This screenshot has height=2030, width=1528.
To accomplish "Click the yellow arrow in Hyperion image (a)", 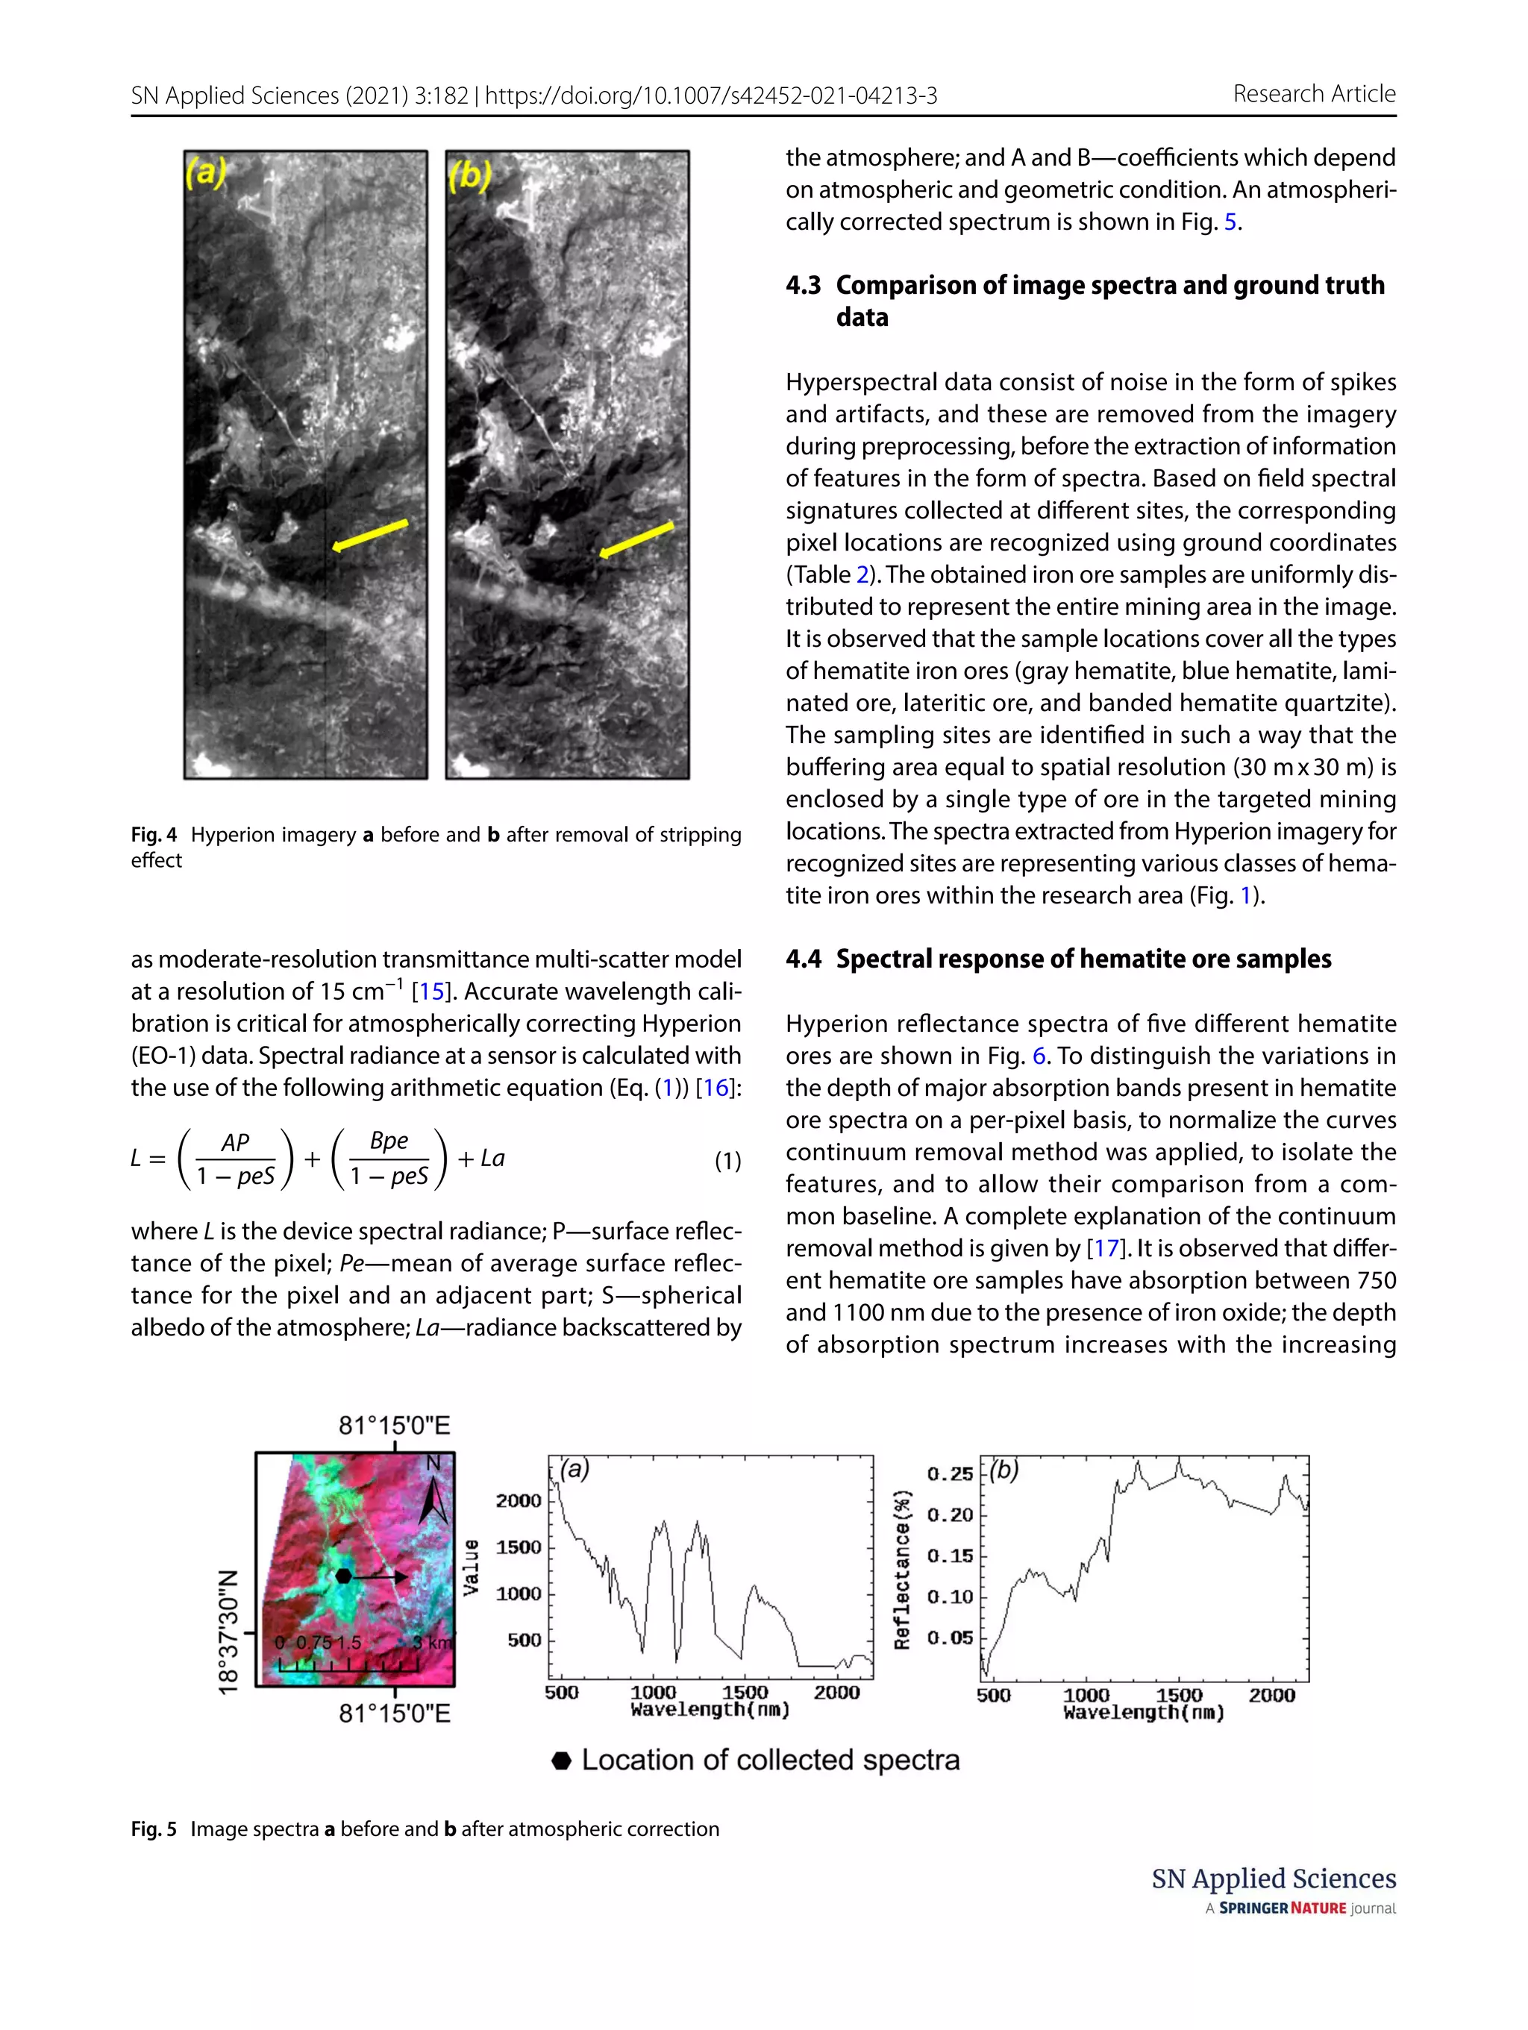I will coord(370,535).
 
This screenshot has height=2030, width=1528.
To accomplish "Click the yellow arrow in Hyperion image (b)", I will coord(636,539).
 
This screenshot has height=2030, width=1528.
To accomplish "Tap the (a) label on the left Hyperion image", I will coord(206,173).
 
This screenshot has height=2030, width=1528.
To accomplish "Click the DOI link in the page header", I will coord(710,95).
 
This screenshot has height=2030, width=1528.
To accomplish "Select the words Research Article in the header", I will coord(1313,93).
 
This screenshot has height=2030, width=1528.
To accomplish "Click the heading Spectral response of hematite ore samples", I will coord(1083,959).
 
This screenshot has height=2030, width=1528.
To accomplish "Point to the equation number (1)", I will coord(727,1161).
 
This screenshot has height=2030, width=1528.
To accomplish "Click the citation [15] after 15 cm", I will coord(431,991).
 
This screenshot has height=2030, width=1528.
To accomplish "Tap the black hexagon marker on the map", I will coord(342,1576).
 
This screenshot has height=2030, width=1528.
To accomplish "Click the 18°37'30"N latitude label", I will coord(228,1631).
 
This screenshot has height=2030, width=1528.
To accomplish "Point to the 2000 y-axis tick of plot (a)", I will coord(519,1500).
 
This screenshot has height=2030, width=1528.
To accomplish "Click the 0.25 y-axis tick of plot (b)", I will coord(949,1474).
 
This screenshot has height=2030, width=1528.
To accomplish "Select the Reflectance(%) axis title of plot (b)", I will coord(903,1569).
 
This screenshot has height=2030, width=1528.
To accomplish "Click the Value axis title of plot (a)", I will coord(471,1567).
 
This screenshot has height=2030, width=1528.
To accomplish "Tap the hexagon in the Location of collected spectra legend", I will coord(562,1760).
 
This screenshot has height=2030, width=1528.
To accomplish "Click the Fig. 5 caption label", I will coord(153,1829).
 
